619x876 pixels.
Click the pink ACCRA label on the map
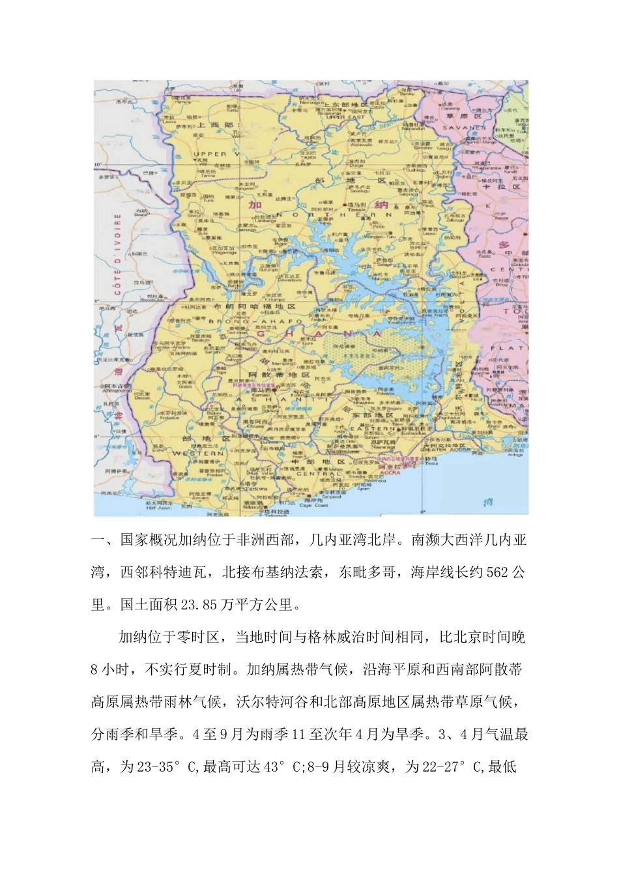pyautogui.click(x=390, y=473)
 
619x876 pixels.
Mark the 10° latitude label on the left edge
pyautogui.click(x=99, y=164)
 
